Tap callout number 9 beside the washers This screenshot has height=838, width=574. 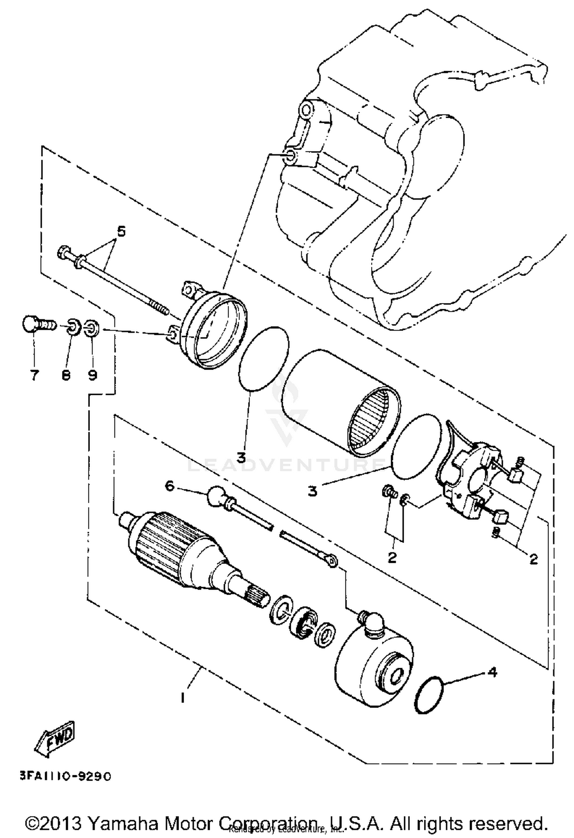point(92,375)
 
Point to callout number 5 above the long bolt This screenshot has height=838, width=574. point(121,232)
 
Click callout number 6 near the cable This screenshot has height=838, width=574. point(170,486)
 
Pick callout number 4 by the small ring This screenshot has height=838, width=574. point(492,672)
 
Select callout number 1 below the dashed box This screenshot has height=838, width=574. point(183,698)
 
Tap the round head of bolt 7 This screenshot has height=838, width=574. point(30,324)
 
